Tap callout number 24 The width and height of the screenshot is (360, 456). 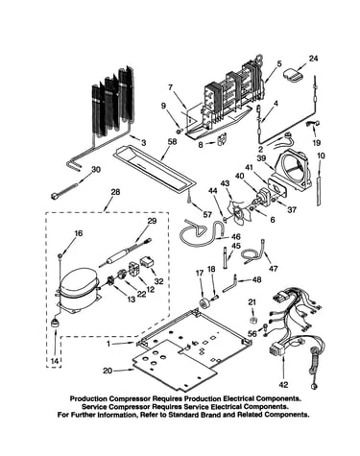[314, 59]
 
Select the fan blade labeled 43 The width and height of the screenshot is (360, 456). [236, 212]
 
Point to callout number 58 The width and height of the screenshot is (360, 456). [172, 141]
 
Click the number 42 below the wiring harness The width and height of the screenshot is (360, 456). [284, 384]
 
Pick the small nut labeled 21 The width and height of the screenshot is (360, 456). [252, 320]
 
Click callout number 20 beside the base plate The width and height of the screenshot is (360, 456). [108, 371]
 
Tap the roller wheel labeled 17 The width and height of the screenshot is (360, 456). [203, 302]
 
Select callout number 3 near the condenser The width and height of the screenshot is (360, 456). [143, 143]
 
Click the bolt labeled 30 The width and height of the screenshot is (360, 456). [64, 191]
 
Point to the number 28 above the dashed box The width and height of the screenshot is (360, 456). [115, 192]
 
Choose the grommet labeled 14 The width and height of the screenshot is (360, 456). [56, 324]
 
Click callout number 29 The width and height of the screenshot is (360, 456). [153, 221]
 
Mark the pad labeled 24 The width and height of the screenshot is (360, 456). [293, 74]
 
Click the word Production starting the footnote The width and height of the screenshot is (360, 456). [89, 399]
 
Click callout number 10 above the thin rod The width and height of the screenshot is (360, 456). [321, 156]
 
